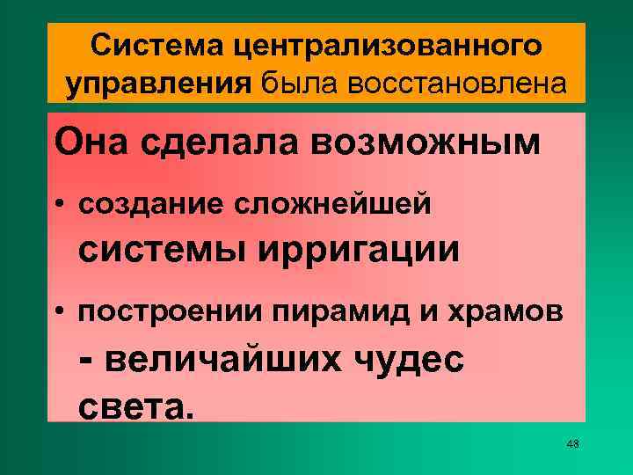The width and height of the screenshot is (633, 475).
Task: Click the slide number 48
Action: (x=573, y=443)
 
